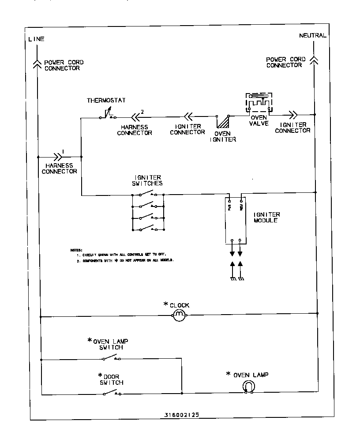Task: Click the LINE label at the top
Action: (x=36, y=39)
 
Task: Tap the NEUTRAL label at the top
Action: (x=312, y=36)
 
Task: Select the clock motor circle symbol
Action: (x=179, y=315)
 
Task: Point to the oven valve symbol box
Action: (x=259, y=102)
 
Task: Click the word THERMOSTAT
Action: (x=106, y=100)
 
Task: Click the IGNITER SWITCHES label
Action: (x=147, y=180)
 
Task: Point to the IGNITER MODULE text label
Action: (x=266, y=218)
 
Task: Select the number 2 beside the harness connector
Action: (x=142, y=111)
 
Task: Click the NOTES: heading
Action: (x=76, y=250)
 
